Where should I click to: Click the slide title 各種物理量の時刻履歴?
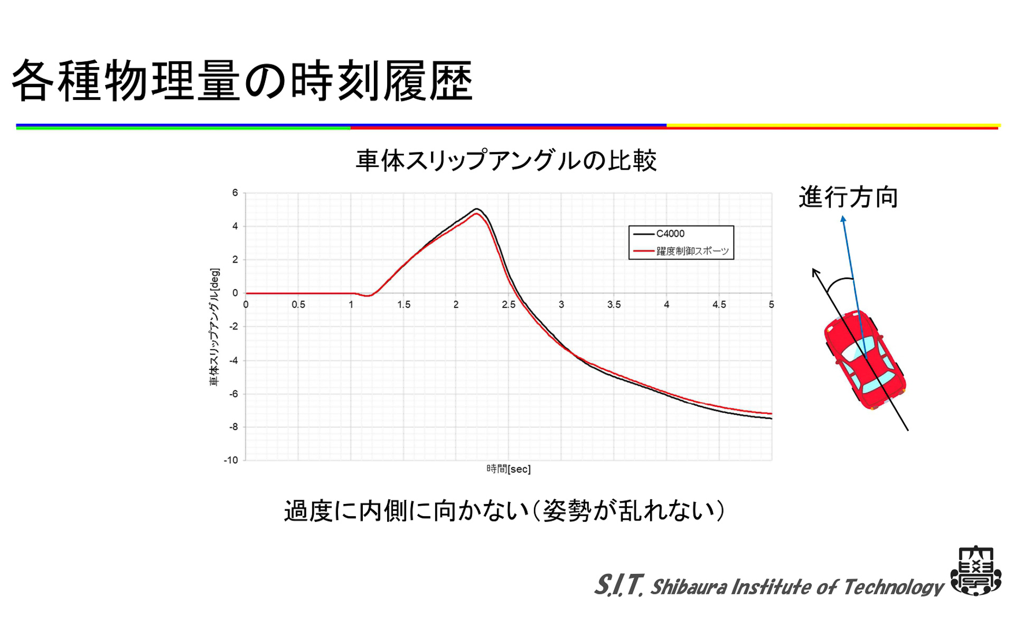pyautogui.click(x=242, y=80)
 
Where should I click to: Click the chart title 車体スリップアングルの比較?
pyautogui.click(x=506, y=160)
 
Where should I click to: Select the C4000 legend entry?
pyautogui.click(x=670, y=234)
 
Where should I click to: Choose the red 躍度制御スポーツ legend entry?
pyautogui.click(x=692, y=251)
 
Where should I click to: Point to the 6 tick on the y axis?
pyautogui.click(x=235, y=193)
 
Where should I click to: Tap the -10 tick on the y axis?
pyautogui.click(x=231, y=460)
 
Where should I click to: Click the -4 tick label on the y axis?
pyautogui.click(x=233, y=360)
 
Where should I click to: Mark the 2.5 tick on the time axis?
pyautogui.click(x=509, y=305)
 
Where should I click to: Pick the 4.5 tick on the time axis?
pyautogui.click(x=719, y=305)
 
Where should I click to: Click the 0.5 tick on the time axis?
pyautogui.click(x=298, y=305)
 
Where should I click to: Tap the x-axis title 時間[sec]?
pyautogui.click(x=508, y=469)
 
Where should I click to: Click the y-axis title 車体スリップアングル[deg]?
pyautogui.click(x=214, y=327)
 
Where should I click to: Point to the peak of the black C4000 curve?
pyautogui.click(x=476, y=209)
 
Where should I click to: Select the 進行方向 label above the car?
pyautogui.click(x=848, y=198)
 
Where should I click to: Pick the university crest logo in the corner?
pyautogui.click(x=976, y=571)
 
